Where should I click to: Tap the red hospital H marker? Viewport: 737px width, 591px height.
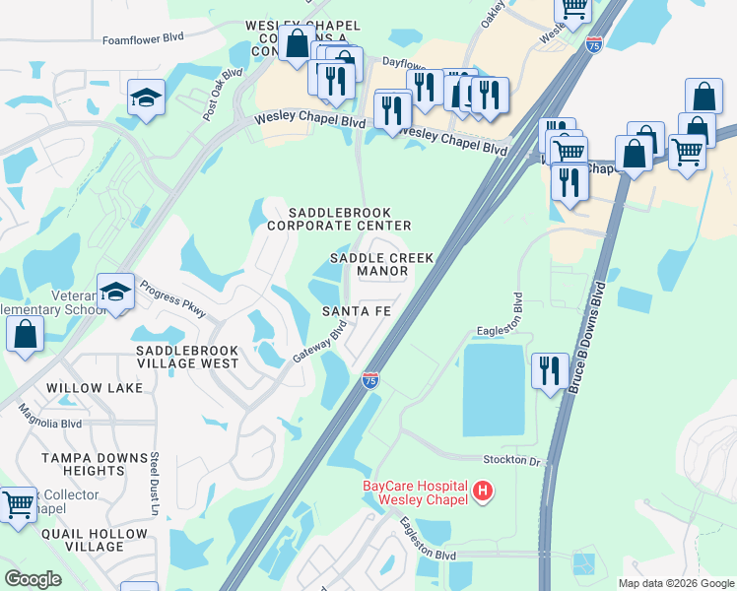click(483, 490)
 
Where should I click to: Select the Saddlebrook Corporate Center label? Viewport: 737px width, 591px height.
click(334, 219)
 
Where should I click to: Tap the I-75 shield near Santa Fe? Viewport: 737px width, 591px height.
click(369, 380)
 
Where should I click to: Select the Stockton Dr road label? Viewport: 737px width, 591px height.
click(513, 460)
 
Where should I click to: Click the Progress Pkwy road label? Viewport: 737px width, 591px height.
click(173, 299)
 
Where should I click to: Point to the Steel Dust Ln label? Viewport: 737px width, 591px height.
click(155, 484)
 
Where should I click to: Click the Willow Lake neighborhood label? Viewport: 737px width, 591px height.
click(95, 388)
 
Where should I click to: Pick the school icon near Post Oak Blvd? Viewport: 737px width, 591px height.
click(146, 98)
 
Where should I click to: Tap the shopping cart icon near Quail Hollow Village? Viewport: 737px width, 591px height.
click(19, 505)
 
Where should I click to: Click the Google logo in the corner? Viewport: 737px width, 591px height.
click(33, 578)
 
